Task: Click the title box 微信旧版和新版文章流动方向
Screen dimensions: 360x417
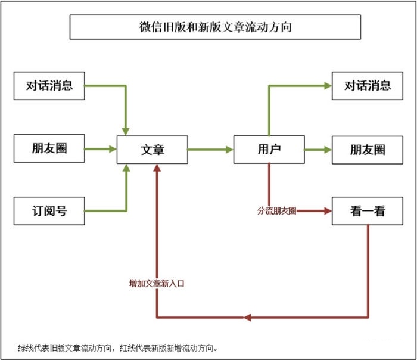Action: [215, 27]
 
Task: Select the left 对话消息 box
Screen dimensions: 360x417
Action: [49, 86]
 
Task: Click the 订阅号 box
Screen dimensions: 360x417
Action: [49, 211]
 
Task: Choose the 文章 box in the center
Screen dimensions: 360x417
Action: [153, 150]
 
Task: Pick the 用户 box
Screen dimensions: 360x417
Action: [269, 149]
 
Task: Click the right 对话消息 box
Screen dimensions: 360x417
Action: [367, 86]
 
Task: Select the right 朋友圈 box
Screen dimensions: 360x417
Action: [367, 150]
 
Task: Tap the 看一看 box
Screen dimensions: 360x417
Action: [367, 211]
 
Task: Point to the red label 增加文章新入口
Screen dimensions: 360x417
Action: [157, 284]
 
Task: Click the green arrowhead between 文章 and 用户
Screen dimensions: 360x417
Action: [229, 150]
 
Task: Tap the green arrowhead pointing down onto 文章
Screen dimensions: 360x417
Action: [126, 130]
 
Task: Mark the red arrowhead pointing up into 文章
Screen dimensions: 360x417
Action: [157, 169]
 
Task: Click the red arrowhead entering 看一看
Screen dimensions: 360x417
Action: [327, 211]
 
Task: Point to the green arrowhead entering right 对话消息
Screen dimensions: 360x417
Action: [327, 86]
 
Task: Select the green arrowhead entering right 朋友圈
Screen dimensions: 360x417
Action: [327, 150]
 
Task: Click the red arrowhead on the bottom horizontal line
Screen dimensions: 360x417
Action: [248, 317]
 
